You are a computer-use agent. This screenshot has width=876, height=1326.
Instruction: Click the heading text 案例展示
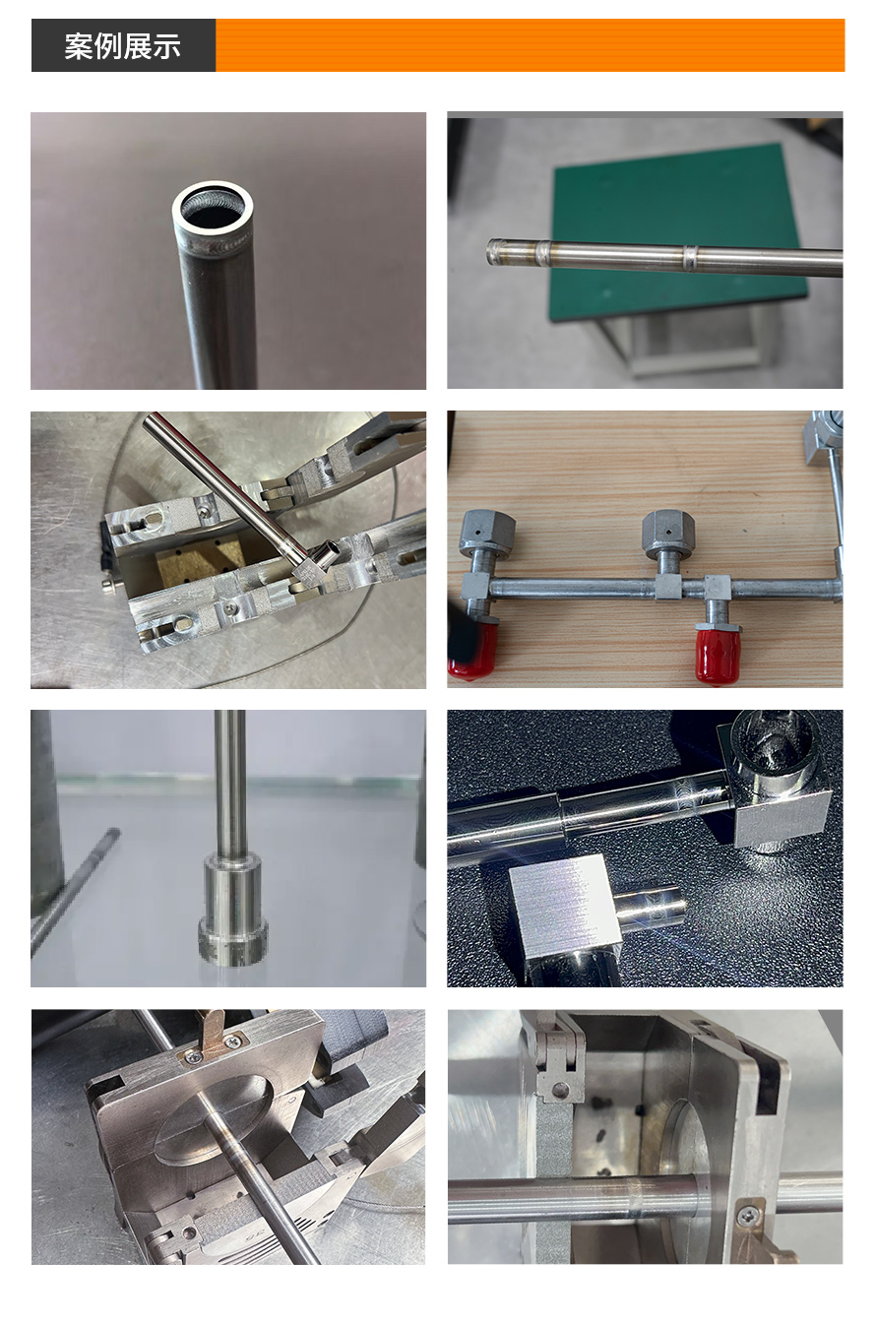point(122,46)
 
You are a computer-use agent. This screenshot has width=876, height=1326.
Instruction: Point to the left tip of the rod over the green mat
point(489,252)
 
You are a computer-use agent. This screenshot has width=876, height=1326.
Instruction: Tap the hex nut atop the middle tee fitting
point(668,534)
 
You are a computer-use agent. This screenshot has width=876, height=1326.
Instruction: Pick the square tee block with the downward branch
point(718,589)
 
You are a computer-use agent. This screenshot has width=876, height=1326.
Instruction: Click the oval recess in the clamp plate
point(215,1118)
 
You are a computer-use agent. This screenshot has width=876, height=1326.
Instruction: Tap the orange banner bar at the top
point(530,45)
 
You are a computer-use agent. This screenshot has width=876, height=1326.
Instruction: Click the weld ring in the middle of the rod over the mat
point(690,258)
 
